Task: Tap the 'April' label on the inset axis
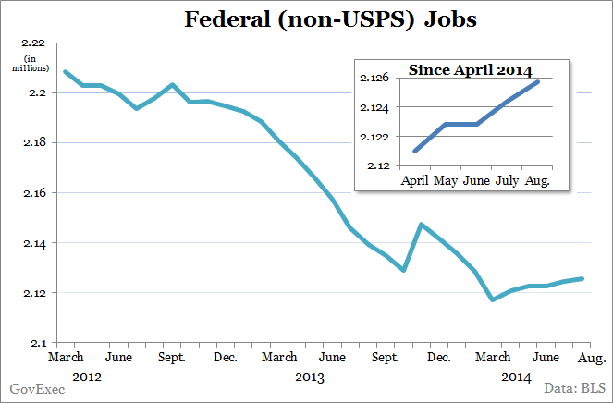tap(417, 180)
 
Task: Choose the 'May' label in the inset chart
tap(447, 180)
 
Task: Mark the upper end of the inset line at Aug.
tap(538, 82)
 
